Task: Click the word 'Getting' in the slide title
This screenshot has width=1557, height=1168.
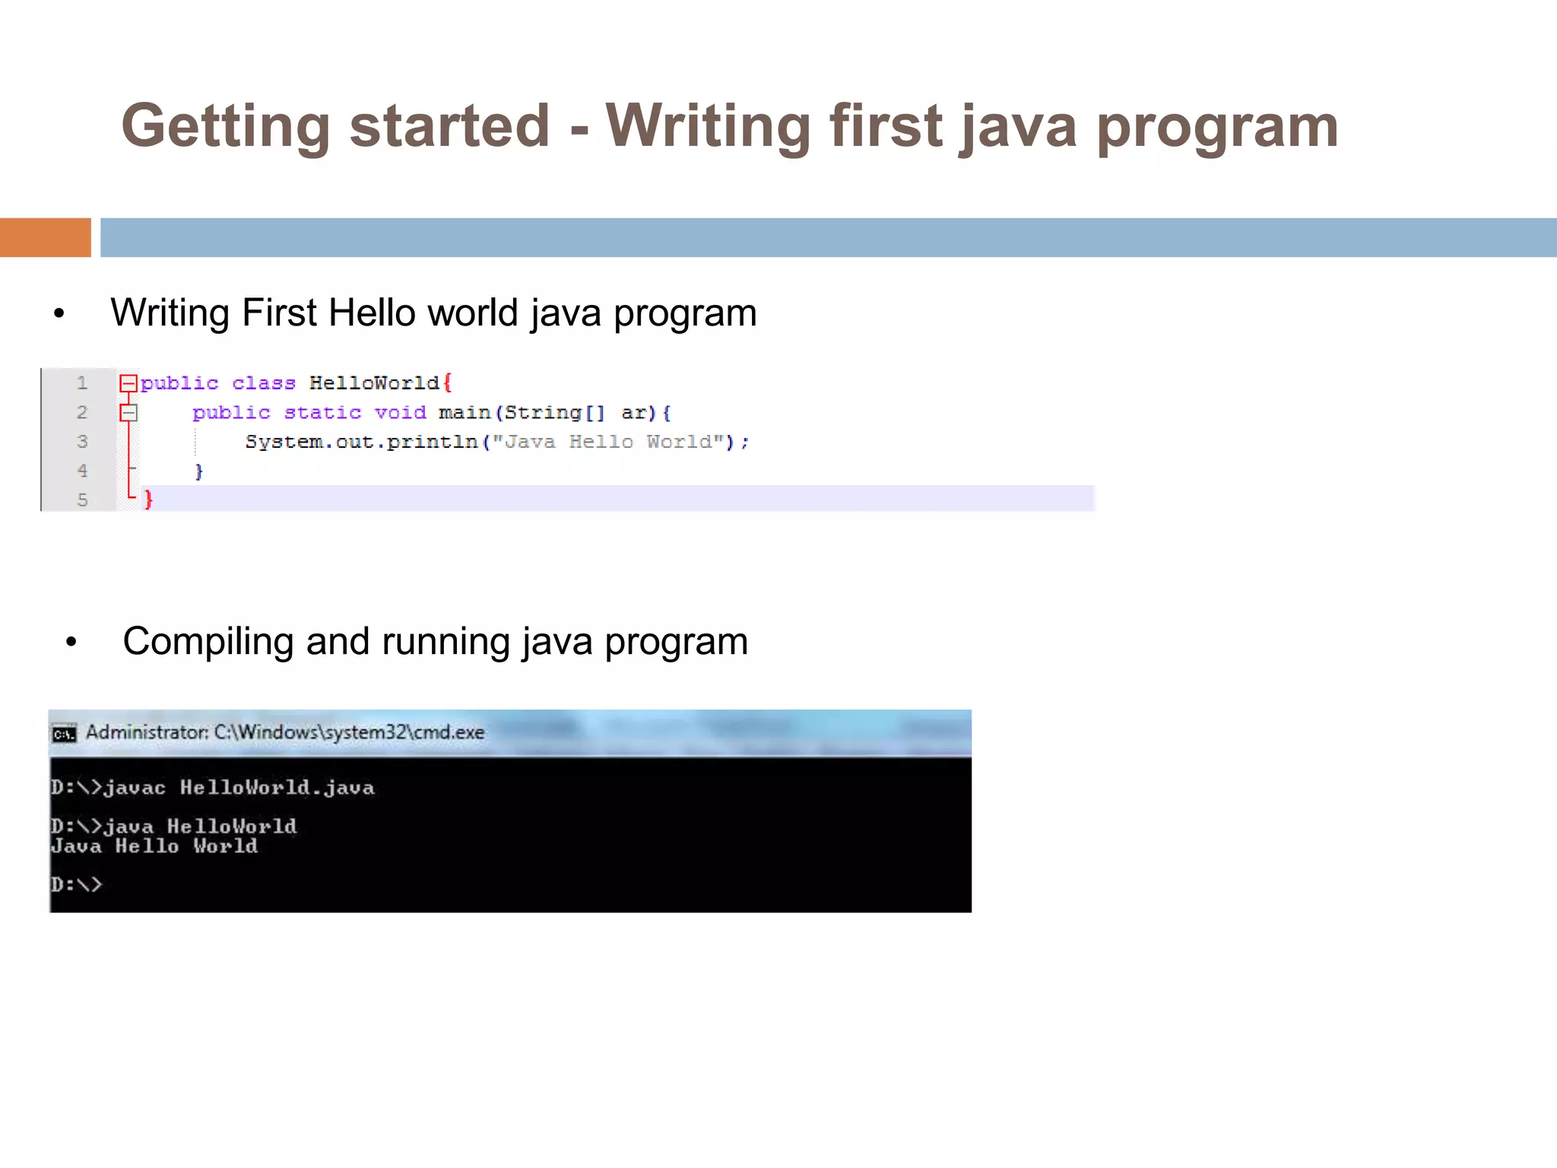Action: pos(225,126)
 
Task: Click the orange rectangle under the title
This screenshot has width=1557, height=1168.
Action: pos(45,237)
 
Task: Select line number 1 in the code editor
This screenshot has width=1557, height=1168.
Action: pos(82,383)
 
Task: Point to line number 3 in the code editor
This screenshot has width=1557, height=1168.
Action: pos(82,442)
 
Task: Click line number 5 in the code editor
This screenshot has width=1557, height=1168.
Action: pos(82,500)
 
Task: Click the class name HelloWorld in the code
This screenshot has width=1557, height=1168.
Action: pos(374,383)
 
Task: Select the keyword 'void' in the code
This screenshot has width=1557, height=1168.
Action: pos(400,413)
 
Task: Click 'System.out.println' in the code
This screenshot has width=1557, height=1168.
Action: pos(361,443)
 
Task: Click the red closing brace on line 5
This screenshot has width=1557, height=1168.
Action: pos(149,500)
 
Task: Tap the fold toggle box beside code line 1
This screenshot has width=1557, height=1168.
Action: pos(128,383)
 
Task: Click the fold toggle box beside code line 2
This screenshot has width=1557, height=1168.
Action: pos(128,413)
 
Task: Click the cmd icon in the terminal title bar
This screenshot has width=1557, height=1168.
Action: pos(64,734)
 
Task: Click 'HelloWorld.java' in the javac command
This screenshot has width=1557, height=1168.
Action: pos(277,788)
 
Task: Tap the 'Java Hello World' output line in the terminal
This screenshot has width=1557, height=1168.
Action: pos(154,846)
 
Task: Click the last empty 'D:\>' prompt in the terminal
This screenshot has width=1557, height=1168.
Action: pos(76,884)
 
